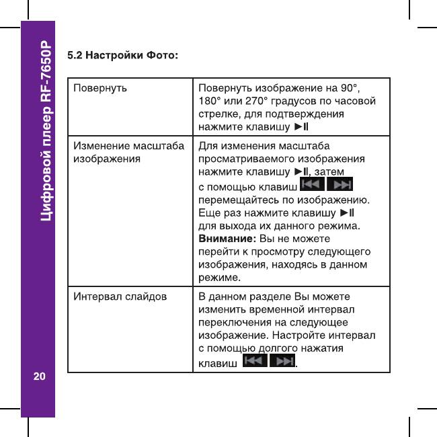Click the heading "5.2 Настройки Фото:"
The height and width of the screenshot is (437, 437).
[x=122, y=53]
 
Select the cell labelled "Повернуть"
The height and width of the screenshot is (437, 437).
[x=100, y=88]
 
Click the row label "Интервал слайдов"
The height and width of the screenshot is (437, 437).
[x=120, y=296]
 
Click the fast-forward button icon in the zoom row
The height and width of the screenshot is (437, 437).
[x=342, y=185]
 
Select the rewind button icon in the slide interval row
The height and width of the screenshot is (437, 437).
[x=253, y=362]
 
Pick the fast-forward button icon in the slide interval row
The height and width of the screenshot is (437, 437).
[x=283, y=362]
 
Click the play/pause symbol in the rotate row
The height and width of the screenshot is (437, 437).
[x=301, y=126]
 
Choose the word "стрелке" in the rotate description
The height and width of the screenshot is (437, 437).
[x=216, y=114]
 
